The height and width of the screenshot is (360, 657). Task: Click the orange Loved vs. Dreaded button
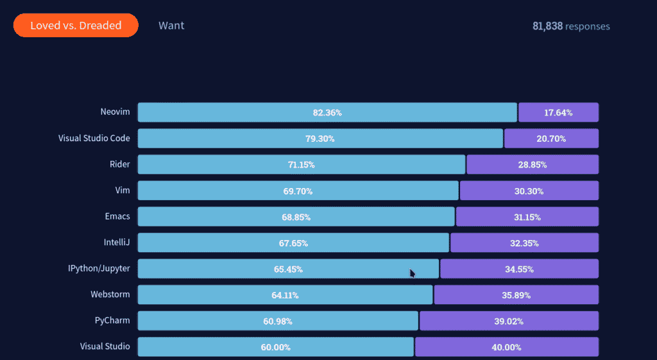pyautogui.click(x=76, y=26)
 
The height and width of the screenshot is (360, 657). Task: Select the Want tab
pyautogui.click(x=171, y=26)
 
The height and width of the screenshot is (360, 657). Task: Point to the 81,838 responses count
pyautogui.click(x=571, y=26)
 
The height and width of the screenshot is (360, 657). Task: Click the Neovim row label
pyautogui.click(x=115, y=112)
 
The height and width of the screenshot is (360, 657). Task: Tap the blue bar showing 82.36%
pyautogui.click(x=327, y=112)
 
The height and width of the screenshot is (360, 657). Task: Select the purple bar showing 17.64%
pyautogui.click(x=558, y=112)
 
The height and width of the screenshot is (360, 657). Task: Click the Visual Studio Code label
pyautogui.click(x=94, y=138)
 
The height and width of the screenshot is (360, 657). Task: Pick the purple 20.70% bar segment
pyautogui.click(x=551, y=139)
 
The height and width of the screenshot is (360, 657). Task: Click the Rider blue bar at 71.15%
pyautogui.click(x=301, y=164)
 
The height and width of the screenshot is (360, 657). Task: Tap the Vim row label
pyautogui.click(x=122, y=190)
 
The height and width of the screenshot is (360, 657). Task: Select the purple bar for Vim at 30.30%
pyautogui.click(x=529, y=191)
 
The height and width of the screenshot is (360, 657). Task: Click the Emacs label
pyautogui.click(x=117, y=216)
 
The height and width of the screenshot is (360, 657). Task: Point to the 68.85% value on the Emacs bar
pyautogui.click(x=296, y=218)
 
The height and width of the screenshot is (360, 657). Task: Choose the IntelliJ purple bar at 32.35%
pyautogui.click(x=524, y=243)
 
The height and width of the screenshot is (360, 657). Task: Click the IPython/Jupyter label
pyautogui.click(x=99, y=268)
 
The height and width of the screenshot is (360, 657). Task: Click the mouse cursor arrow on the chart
pyautogui.click(x=413, y=273)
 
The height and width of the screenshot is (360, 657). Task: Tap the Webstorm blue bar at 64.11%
pyautogui.click(x=285, y=295)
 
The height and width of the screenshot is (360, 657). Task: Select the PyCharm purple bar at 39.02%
pyautogui.click(x=509, y=321)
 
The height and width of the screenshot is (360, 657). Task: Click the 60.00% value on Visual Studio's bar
pyautogui.click(x=275, y=347)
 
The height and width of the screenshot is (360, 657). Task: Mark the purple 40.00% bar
pyautogui.click(x=506, y=347)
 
